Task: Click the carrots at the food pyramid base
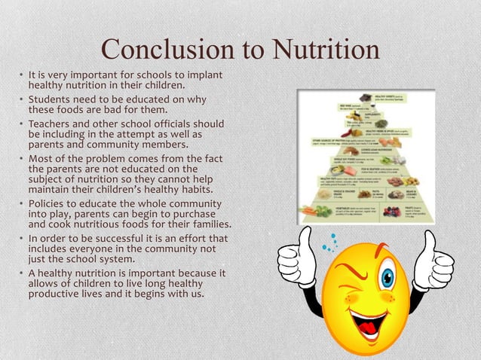point(311,212)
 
